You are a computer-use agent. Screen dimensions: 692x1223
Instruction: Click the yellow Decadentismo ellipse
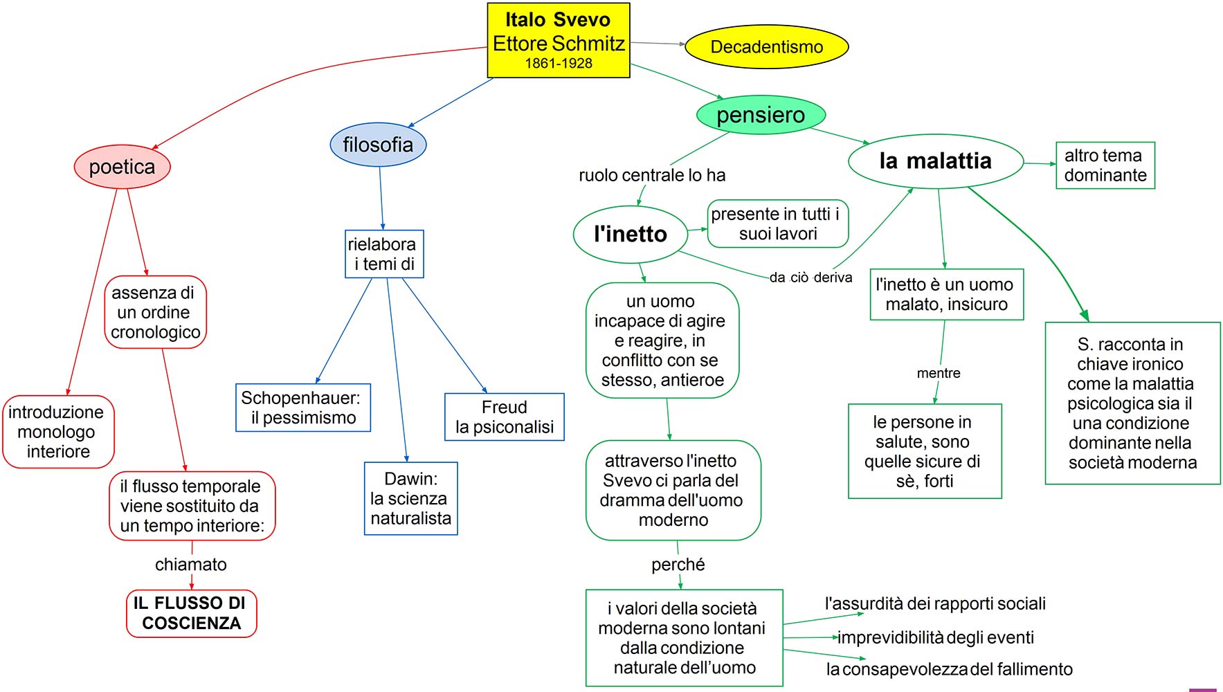click(766, 47)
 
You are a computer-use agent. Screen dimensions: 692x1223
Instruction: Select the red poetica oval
click(122, 167)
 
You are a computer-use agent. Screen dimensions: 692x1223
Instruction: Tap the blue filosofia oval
click(378, 145)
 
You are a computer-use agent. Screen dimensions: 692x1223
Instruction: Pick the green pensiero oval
click(761, 115)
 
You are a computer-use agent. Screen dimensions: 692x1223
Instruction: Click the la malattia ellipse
click(935, 161)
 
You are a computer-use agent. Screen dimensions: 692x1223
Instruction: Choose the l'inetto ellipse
click(630, 234)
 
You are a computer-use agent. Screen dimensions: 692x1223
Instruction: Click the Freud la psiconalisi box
click(504, 417)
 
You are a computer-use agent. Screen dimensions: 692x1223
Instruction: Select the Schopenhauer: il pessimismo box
click(303, 408)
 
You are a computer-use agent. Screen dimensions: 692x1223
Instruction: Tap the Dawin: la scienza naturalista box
click(410, 498)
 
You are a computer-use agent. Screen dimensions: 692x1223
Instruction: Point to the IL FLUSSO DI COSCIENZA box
click(191, 613)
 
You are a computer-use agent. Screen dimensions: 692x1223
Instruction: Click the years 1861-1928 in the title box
click(559, 64)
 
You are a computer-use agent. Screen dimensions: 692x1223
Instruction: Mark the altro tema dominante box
click(1105, 165)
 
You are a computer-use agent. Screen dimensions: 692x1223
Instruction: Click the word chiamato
click(191, 565)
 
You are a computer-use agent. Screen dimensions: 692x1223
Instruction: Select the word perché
click(678, 565)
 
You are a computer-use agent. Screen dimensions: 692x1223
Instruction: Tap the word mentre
click(939, 373)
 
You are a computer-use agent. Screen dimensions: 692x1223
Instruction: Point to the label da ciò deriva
click(810, 277)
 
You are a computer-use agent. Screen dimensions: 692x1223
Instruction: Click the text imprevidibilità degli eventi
click(936, 637)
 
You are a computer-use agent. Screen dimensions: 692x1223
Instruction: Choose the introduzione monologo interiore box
click(58, 432)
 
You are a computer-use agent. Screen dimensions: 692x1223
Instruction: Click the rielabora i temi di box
click(383, 254)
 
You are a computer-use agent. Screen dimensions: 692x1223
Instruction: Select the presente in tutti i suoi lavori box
click(777, 224)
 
